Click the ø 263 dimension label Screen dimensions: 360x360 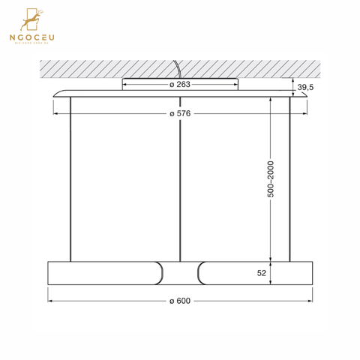pyautogui.click(x=179, y=84)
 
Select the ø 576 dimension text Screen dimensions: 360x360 pyautogui.click(x=179, y=114)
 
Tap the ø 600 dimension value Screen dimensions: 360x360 pyautogui.click(x=179, y=301)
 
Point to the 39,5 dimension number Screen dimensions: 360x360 pyautogui.click(x=305, y=88)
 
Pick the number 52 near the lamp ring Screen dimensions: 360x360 pyautogui.click(x=262, y=274)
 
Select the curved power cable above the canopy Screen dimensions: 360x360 pyautogui.click(x=178, y=70)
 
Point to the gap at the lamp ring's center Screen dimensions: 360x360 pyautogui.click(x=181, y=273)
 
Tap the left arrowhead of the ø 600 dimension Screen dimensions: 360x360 pyautogui.click(x=51, y=301)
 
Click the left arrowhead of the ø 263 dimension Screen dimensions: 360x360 pyautogui.click(x=124, y=84)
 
